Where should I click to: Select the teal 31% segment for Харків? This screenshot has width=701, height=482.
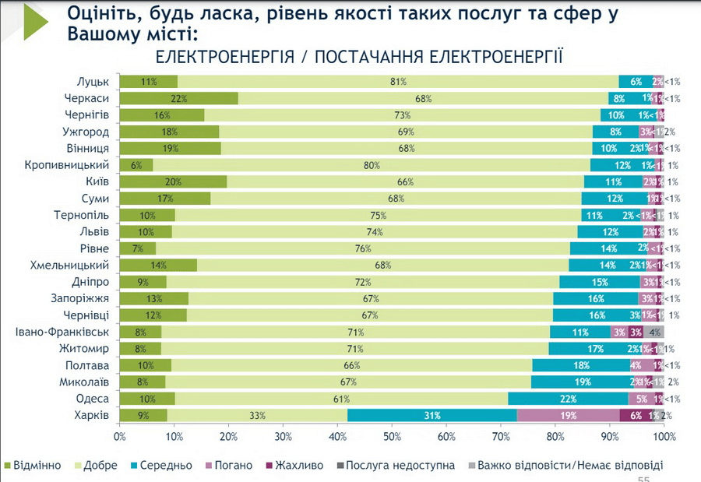coord(432,415)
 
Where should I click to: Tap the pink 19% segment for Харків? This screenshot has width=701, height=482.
coord(568,415)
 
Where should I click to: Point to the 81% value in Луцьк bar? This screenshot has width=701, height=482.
coord(399,82)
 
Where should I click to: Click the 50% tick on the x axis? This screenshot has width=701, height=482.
coord(392,437)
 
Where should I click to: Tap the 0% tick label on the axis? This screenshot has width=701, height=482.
coord(120,437)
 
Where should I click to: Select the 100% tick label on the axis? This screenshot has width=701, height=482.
coord(663,437)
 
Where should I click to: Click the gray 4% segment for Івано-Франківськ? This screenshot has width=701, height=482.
coord(654,332)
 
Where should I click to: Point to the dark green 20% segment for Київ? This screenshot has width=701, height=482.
coord(173,181)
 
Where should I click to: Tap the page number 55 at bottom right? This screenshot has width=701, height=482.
coord(644,478)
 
